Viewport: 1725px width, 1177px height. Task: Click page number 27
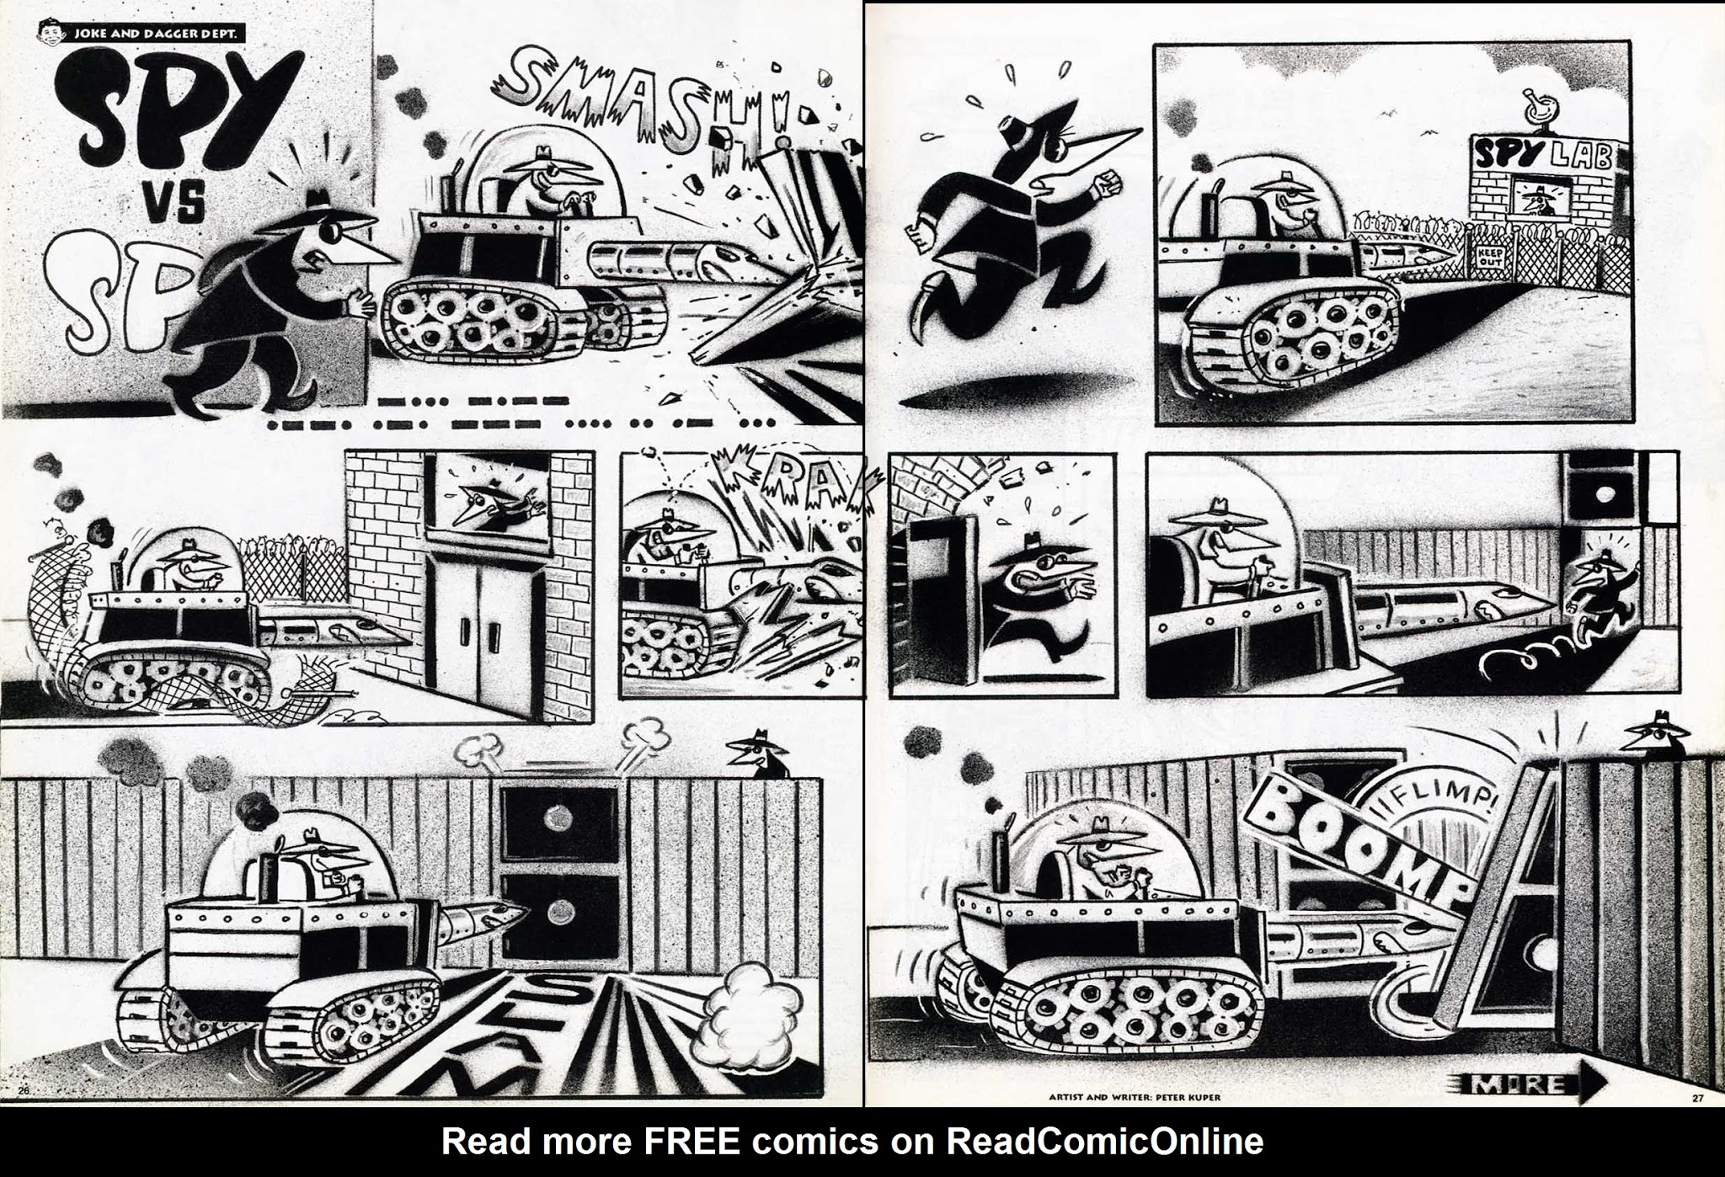point(1696,1097)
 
